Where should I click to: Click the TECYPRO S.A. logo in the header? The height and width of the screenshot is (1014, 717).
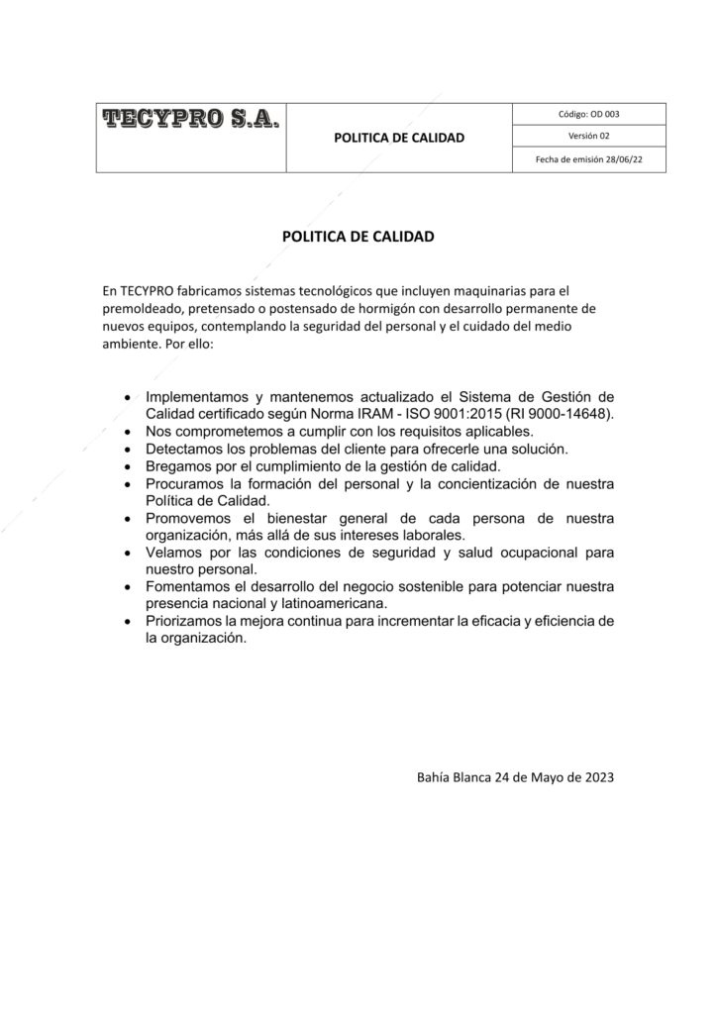(x=191, y=121)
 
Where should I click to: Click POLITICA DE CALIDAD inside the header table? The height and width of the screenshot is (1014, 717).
(x=399, y=138)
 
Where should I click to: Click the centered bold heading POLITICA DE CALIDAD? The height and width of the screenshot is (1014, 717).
(x=358, y=238)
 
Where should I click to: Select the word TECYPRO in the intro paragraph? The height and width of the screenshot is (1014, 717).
(x=147, y=291)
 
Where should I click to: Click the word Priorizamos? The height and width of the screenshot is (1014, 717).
(x=184, y=621)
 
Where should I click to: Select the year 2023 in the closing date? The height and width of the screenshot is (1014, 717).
(x=596, y=777)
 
